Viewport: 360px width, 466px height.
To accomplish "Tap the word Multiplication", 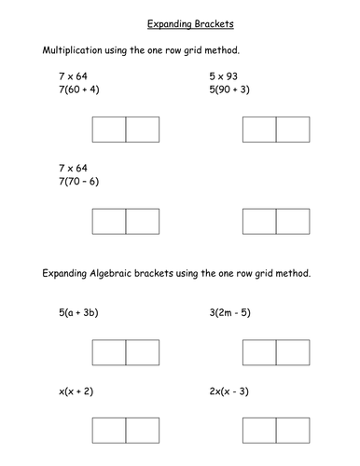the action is (72, 47).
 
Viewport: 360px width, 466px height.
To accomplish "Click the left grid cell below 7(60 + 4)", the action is (109, 130).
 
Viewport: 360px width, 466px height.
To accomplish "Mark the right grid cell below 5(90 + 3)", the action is (292, 130).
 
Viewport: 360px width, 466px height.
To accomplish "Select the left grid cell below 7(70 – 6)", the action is (109, 221).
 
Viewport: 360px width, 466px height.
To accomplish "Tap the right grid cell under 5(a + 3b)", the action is (143, 351).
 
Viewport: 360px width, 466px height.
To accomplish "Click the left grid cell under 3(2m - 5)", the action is (258, 351).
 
